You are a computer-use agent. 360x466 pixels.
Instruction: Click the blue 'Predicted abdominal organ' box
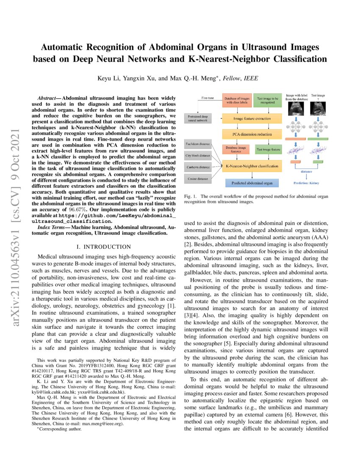pyautogui.click(x=252, y=183)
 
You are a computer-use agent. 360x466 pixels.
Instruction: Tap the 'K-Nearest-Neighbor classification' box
pyautogui.click(x=252, y=166)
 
